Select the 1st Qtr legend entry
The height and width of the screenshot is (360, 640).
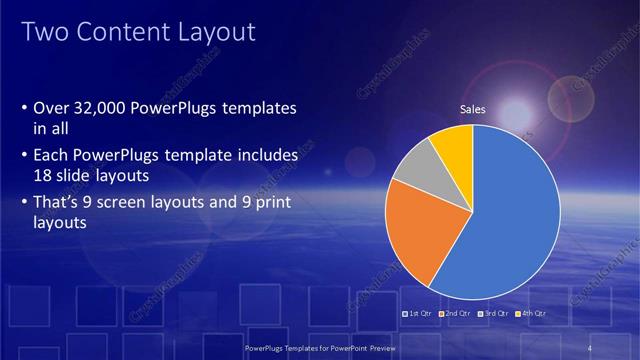click(x=418, y=314)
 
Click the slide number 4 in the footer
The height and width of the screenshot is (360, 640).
click(x=591, y=347)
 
